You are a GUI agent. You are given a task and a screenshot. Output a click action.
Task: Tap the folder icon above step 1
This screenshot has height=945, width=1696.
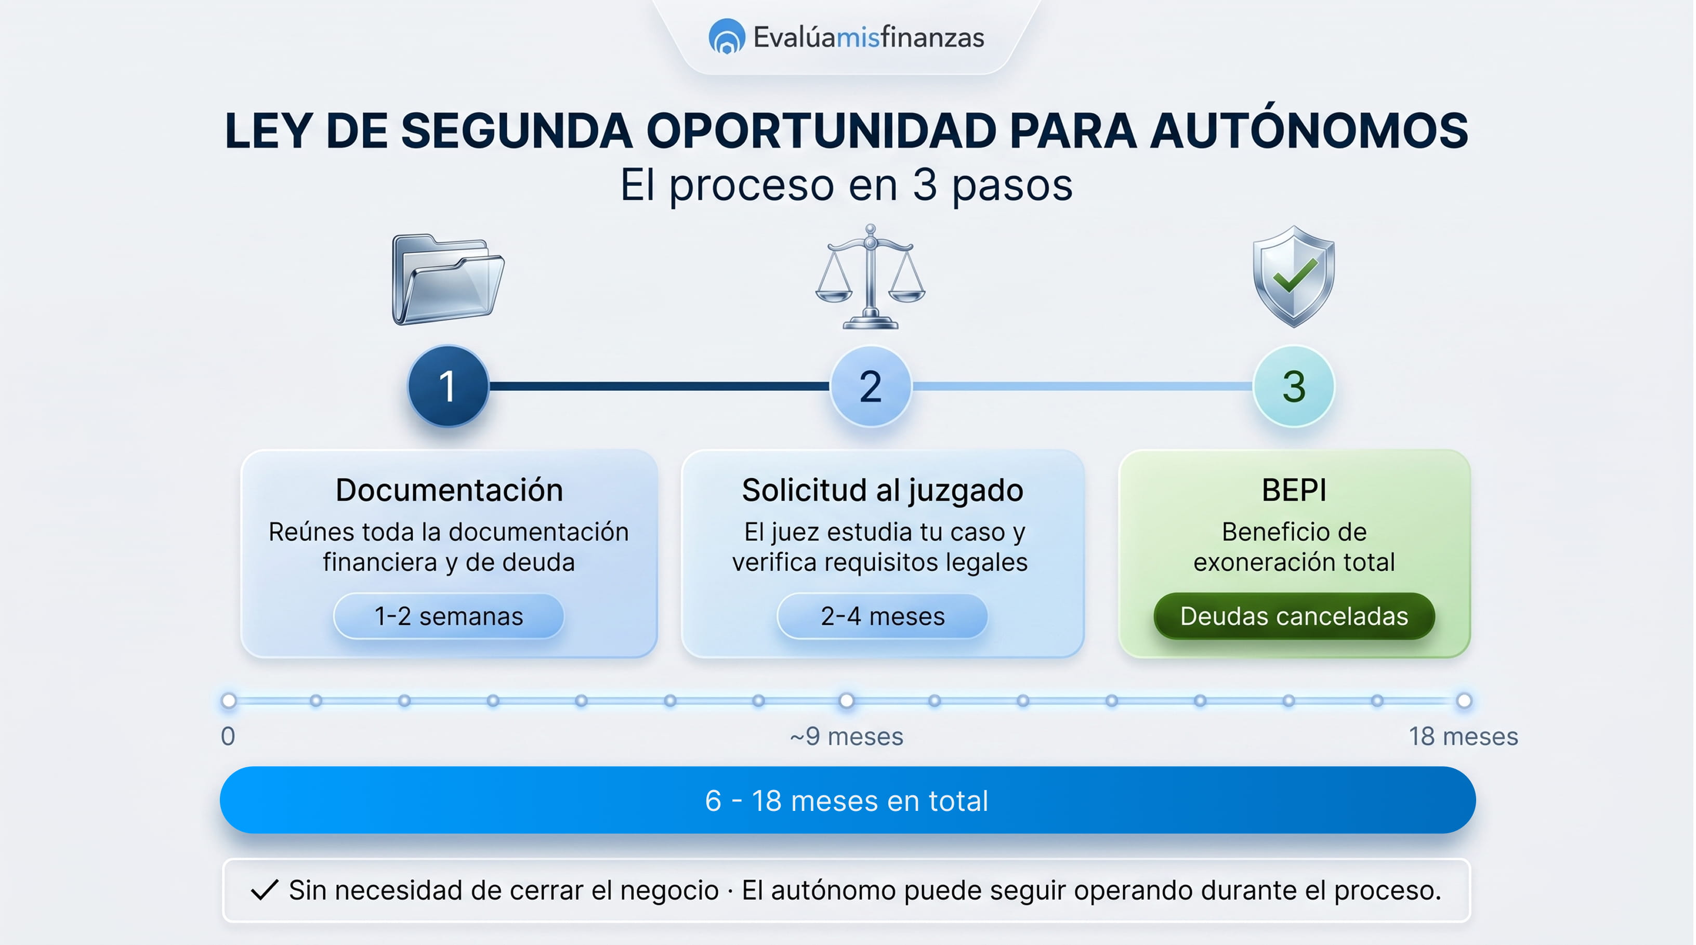[x=448, y=279]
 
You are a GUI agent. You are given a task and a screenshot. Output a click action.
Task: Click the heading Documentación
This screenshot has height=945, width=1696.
[x=449, y=490]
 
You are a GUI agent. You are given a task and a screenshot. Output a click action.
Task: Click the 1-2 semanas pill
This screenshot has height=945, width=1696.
[x=449, y=616]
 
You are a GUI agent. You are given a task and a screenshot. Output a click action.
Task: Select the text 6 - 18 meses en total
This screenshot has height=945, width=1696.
[x=847, y=801]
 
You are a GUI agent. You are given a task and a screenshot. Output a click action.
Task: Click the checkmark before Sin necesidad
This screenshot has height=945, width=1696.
[x=265, y=890]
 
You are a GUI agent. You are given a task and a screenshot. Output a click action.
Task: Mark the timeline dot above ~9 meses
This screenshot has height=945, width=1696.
[x=847, y=701]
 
